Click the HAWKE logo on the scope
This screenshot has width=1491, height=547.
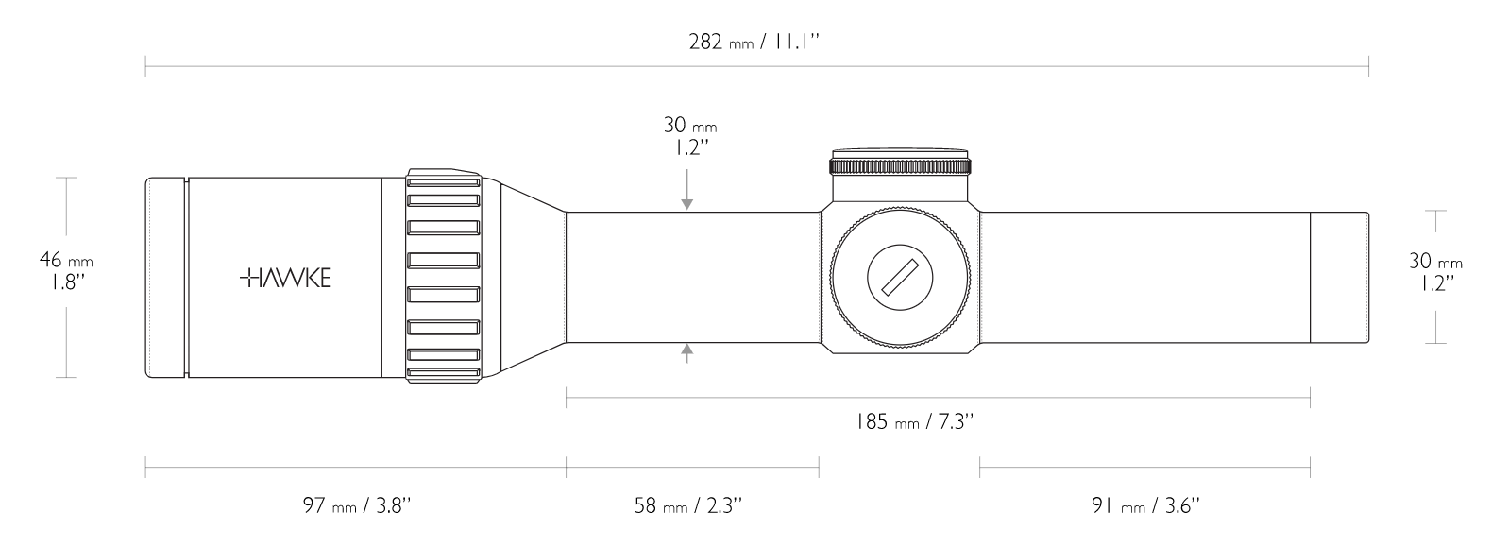[285, 278]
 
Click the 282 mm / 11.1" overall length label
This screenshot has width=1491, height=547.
[754, 42]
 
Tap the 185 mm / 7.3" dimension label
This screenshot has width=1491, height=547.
[915, 421]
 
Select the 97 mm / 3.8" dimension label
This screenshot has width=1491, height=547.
[357, 505]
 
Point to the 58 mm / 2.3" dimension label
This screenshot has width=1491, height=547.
[687, 505]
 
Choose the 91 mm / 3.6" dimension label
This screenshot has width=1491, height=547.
[1145, 505]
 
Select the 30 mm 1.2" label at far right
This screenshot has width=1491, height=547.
[1435, 271]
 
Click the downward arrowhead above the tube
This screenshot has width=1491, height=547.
[686, 205]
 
